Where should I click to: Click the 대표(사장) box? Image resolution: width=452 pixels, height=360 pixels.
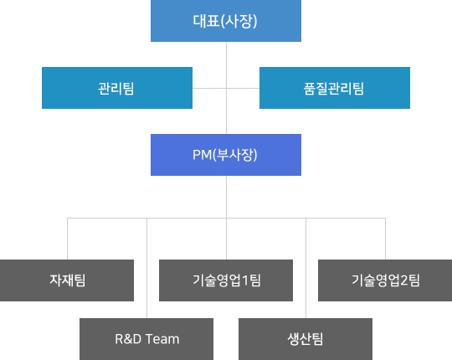click(226, 21)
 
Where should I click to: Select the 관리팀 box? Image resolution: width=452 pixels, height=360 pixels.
click(117, 88)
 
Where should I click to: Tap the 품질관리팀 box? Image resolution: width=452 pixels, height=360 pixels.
click(335, 88)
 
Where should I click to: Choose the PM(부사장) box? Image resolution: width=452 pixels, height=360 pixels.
click(226, 155)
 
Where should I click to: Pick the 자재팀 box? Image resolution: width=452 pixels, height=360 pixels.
click(67, 280)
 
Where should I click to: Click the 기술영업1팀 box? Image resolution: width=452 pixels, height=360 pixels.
click(226, 280)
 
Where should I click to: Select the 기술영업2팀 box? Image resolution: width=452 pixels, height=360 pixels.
click(385, 280)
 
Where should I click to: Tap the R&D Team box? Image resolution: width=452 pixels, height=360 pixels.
click(146, 339)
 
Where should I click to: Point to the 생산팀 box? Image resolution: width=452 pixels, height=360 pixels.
click(306, 339)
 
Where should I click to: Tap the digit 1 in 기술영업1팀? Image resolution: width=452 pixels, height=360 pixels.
click(245, 280)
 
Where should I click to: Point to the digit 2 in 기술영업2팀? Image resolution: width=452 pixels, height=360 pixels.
click(404, 280)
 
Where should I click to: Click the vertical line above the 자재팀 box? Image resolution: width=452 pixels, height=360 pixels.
click(68, 239)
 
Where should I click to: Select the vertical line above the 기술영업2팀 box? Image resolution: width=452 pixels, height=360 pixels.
click(385, 239)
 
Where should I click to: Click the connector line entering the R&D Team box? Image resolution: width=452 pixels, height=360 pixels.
click(146, 268)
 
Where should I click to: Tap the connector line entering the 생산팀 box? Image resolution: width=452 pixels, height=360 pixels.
click(306, 268)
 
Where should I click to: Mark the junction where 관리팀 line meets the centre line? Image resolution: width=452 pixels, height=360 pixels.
click(226, 88)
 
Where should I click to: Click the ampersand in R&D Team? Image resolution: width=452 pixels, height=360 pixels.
click(128, 339)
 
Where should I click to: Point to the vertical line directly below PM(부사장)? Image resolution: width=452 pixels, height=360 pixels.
click(226, 197)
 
